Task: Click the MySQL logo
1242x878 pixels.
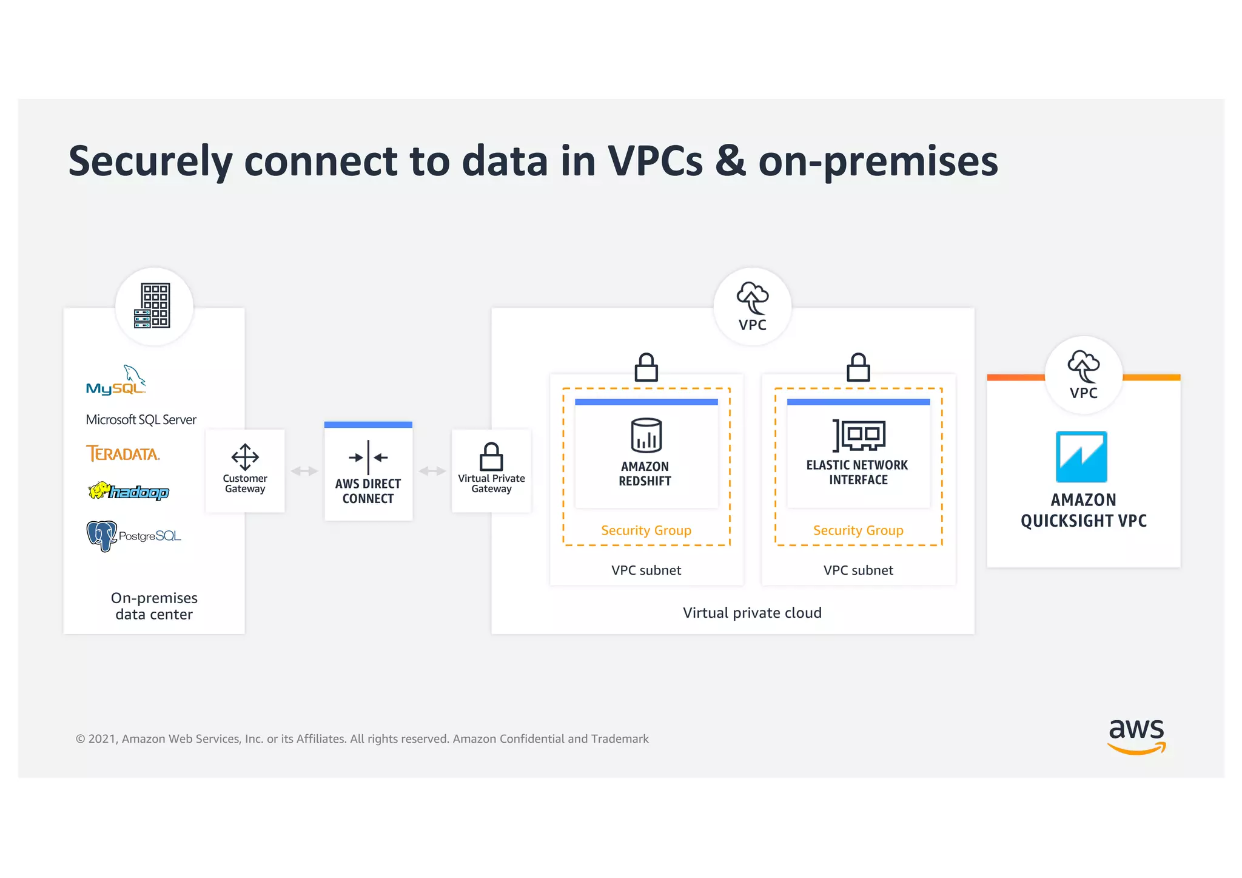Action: (x=116, y=381)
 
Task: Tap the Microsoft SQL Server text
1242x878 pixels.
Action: (x=141, y=420)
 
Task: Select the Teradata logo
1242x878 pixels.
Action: (x=123, y=454)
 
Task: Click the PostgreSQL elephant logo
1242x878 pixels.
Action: (x=102, y=535)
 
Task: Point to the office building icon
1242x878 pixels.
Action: (x=153, y=306)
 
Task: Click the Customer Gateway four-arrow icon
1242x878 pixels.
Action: (x=245, y=457)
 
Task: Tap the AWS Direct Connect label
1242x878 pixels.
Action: (x=368, y=491)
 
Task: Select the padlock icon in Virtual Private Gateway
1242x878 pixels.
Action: (x=491, y=457)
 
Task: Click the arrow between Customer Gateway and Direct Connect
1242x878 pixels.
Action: (x=304, y=471)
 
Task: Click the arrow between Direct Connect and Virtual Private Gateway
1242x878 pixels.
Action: (x=432, y=471)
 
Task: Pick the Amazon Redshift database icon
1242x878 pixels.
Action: (x=646, y=435)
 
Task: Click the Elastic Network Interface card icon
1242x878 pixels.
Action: (x=859, y=436)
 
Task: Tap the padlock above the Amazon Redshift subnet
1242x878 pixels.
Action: (x=646, y=367)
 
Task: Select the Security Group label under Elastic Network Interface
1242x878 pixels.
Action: (x=858, y=530)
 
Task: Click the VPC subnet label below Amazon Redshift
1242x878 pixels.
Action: (x=646, y=570)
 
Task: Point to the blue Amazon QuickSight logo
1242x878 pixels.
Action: (x=1081, y=457)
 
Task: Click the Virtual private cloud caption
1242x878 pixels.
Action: (x=752, y=613)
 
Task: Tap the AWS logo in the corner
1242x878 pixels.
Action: (x=1136, y=735)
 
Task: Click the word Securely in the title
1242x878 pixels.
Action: (x=150, y=161)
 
